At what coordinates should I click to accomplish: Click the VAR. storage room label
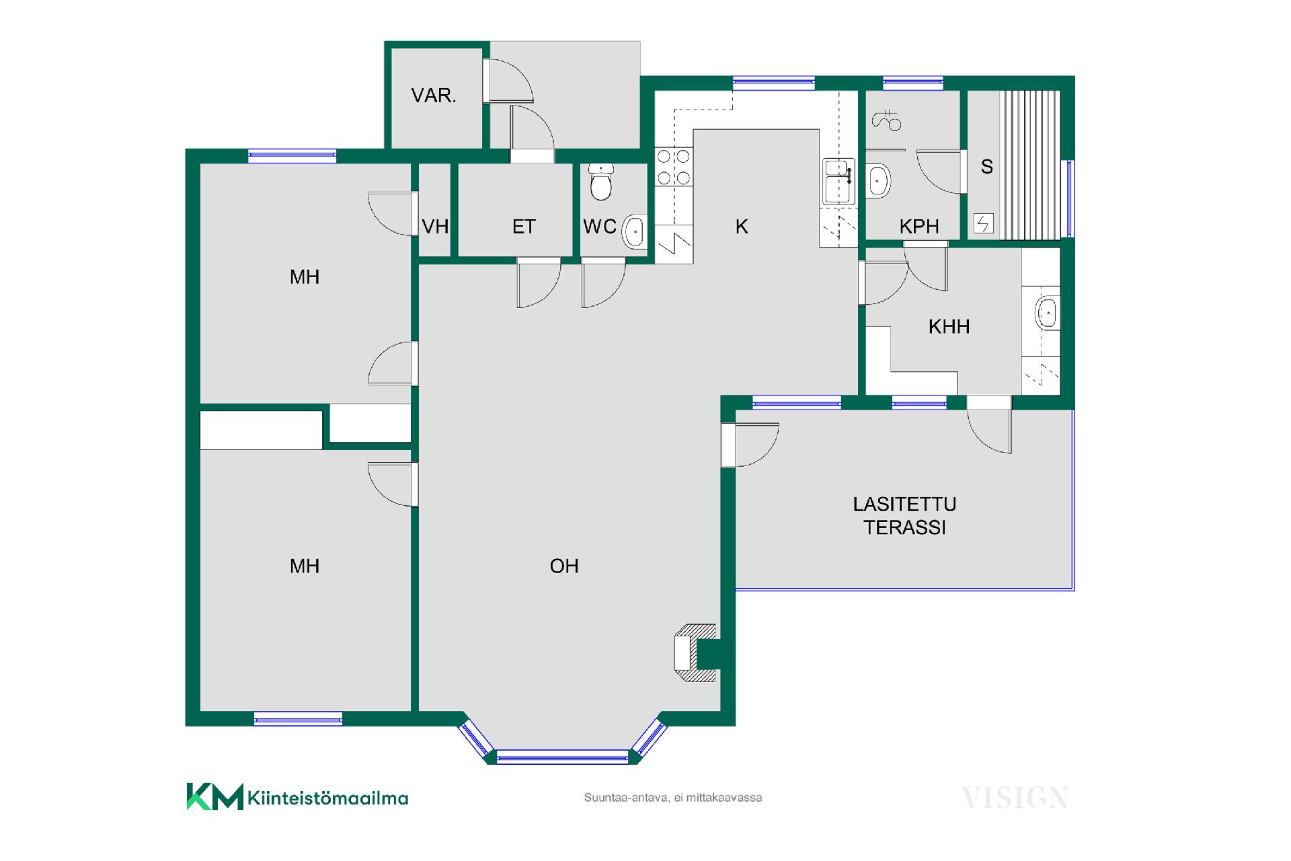[434, 96]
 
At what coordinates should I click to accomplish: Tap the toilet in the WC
[601, 182]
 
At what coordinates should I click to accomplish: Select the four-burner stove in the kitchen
[674, 167]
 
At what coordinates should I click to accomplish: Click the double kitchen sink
[839, 181]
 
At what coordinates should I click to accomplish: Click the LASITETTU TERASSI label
[904, 516]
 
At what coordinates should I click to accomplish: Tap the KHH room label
[949, 327]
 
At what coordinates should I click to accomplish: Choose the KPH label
[919, 227]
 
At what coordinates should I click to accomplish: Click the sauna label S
[986, 167]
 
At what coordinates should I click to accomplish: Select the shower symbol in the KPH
[886, 120]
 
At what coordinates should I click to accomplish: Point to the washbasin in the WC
[634, 232]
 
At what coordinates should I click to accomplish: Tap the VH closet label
[435, 227]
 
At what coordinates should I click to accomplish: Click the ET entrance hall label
[524, 227]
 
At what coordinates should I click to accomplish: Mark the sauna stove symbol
[984, 223]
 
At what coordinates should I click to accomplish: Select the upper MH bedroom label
[304, 277]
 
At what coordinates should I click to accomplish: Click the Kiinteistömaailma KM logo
[297, 797]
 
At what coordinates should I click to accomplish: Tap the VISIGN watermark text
[1015, 798]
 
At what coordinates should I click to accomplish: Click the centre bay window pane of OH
[562, 757]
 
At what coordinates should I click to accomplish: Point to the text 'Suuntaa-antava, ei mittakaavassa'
[673, 798]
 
